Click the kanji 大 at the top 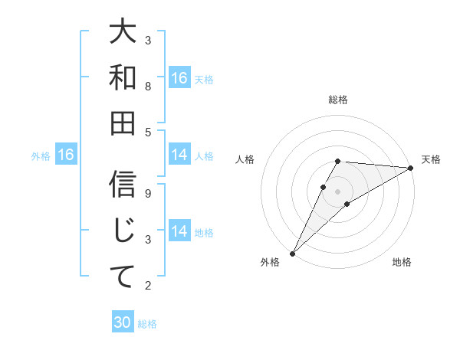123,33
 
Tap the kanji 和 123,78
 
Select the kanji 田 123,123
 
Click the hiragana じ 123,231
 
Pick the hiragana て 123,276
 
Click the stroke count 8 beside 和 148,86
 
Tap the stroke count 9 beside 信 148,193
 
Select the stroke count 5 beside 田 148,132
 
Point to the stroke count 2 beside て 148,286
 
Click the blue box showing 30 122,323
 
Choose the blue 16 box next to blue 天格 179,78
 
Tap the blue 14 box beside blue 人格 179,155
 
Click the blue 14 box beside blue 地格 179,232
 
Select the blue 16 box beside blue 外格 66,155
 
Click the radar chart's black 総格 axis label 337,100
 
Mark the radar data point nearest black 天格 411,168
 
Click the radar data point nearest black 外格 292,253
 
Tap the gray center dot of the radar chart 337,191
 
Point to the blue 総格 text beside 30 147,324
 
